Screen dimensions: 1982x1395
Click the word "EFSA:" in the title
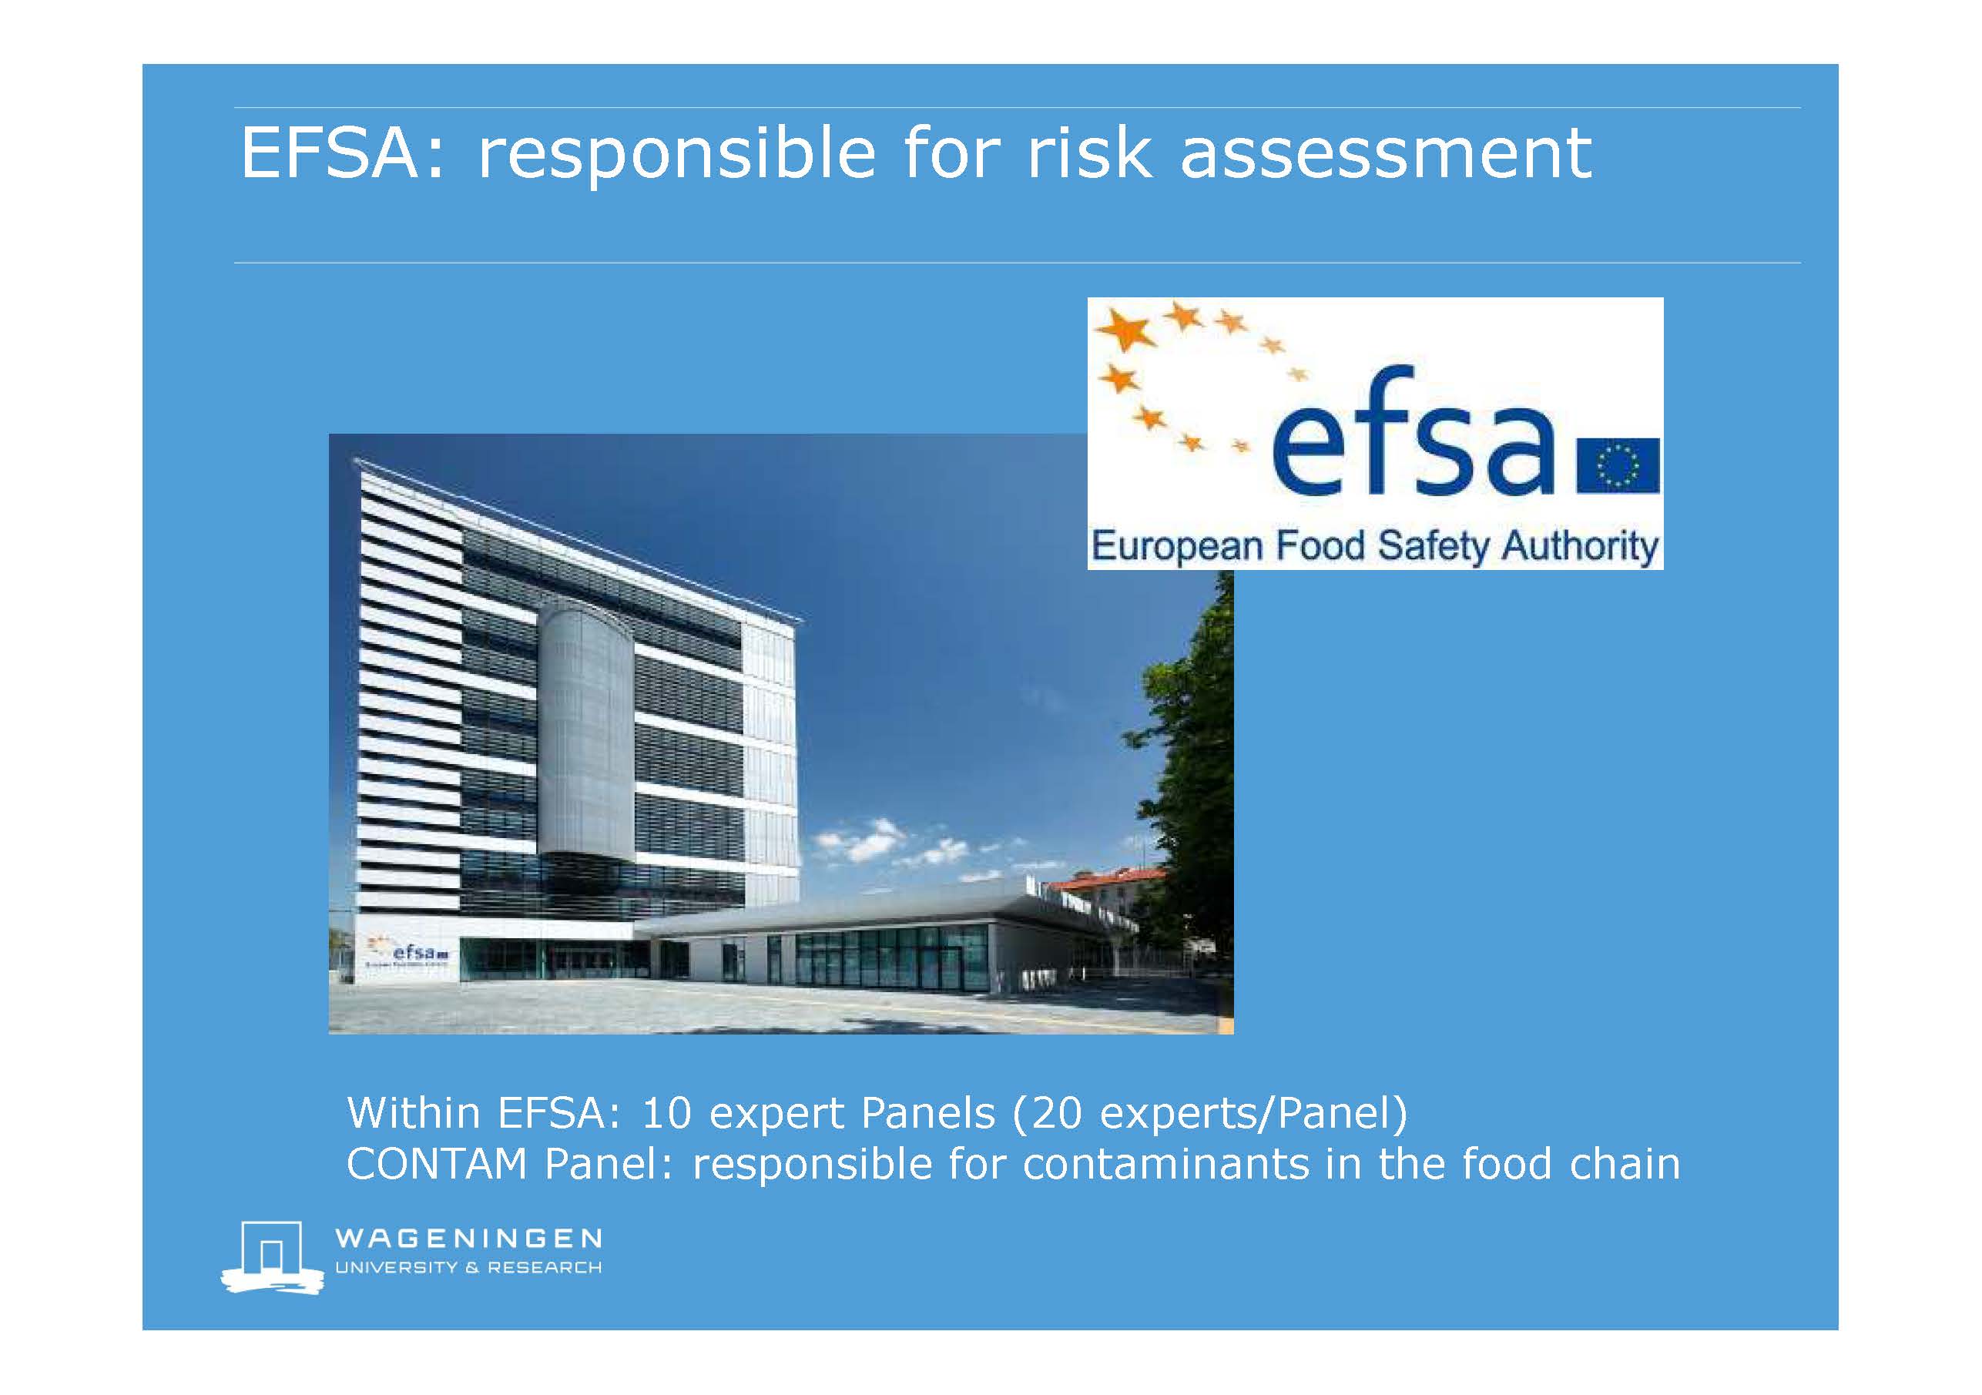coord(344,153)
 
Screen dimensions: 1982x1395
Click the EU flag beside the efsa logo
coord(1618,466)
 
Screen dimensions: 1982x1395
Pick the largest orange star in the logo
coord(1125,331)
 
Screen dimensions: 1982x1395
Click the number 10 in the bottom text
coord(666,1113)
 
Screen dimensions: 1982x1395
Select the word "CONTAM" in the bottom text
coord(436,1164)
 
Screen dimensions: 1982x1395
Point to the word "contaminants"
coord(1166,1164)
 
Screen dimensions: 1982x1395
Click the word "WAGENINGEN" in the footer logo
coord(468,1239)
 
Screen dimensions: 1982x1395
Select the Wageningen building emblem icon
coord(272,1257)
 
